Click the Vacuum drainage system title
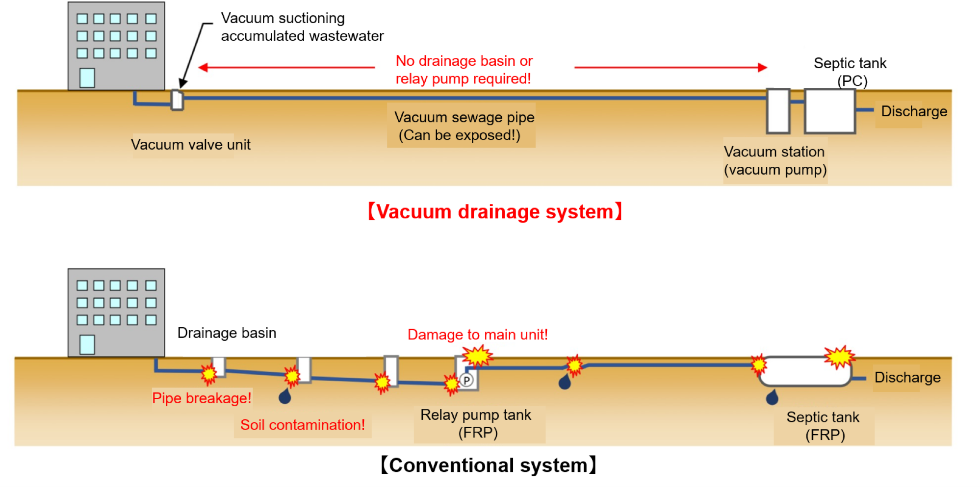click(x=495, y=212)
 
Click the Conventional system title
click(x=489, y=465)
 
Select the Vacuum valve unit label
click(x=190, y=145)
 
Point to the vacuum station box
click(x=778, y=111)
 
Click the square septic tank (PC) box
click(x=830, y=111)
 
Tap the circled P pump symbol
click(x=466, y=380)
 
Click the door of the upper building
click(x=87, y=77)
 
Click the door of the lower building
click(x=87, y=344)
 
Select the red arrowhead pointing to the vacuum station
click(x=762, y=67)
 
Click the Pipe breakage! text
click(x=202, y=398)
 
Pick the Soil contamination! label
click(x=302, y=425)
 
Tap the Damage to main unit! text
click(x=477, y=335)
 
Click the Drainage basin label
click(x=227, y=333)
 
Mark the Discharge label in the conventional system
click(x=907, y=377)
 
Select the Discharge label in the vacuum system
click(x=914, y=111)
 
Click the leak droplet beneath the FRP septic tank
click(x=772, y=397)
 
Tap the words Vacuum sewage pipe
click(x=464, y=117)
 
